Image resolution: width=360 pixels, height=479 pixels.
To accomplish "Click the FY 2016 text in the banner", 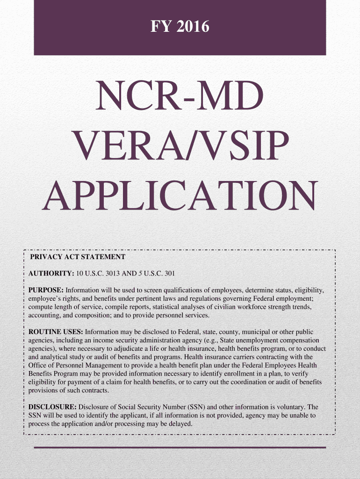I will coord(180,28).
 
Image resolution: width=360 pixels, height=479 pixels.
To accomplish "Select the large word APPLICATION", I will coord(180,196).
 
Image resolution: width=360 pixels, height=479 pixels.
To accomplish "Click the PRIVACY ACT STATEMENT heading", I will coord(78,257).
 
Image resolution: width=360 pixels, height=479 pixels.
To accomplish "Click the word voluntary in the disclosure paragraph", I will coord(293,407).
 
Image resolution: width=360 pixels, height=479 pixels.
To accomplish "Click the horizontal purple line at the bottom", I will coord(180,448).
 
